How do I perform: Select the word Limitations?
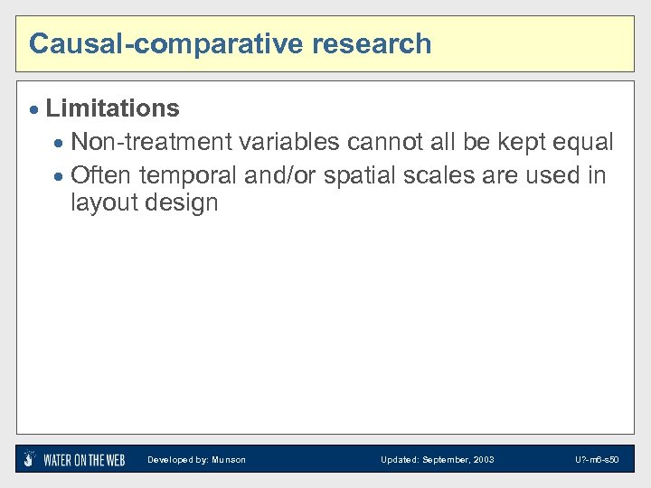[112, 108]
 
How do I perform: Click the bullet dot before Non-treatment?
[60, 144]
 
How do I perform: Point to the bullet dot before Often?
[60, 175]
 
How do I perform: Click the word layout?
[101, 202]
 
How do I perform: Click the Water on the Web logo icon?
[30, 458]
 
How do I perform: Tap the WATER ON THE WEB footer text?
[84, 460]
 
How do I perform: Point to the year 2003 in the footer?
[482, 460]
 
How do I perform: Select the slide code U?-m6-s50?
[597, 460]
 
